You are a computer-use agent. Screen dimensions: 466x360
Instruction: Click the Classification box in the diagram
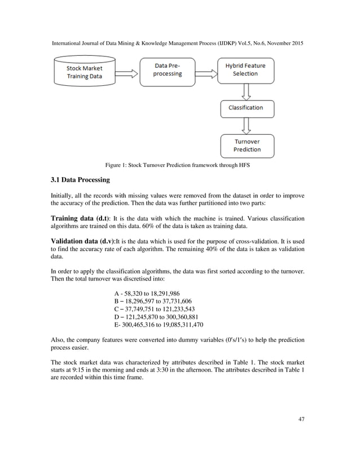tap(245, 107)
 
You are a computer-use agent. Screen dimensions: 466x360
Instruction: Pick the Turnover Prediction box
tap(247, 146)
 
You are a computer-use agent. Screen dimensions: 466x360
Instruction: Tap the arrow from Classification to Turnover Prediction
tap(246, 125)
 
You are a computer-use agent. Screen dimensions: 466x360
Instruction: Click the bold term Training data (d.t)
tap(81, 218)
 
